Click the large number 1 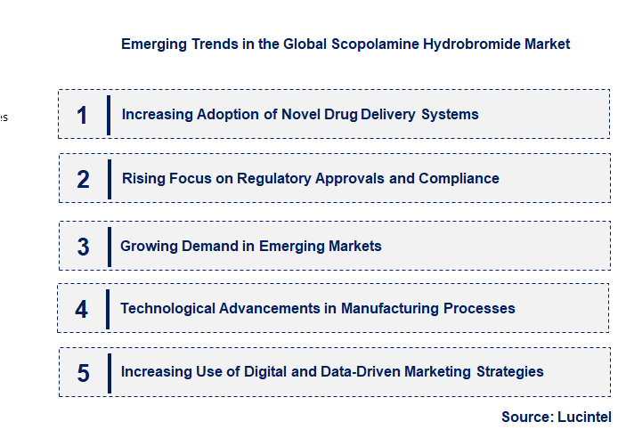click(82, 115)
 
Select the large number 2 click(83, 179)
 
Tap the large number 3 click(83, 247)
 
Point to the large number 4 click(82, 309)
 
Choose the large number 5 click(83, 372)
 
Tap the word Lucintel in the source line click(585, 417)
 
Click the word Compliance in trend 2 click(459, 178)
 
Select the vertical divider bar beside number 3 click(109, 246)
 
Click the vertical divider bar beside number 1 click(108, 115)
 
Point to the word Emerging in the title click(153, 44)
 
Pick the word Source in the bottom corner click(526, 417)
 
